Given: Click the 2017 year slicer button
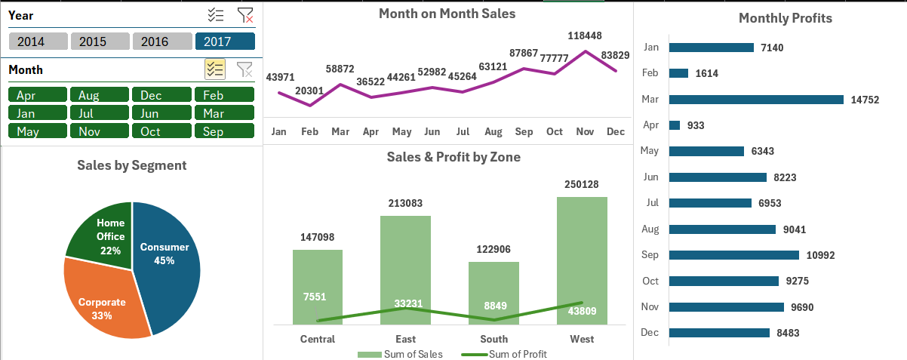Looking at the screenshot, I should point(224,42).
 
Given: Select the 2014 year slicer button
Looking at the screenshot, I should point(38,42).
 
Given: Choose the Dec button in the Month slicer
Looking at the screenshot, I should point(162,95).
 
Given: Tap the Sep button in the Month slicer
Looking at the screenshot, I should point(224,131).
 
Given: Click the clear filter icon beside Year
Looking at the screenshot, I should point(245,15).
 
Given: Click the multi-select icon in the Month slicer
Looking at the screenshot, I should point(215,69).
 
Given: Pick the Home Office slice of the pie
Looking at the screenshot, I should point(102,230).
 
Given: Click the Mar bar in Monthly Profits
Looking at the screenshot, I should point(755,100).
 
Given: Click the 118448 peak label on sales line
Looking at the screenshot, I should point(586,35).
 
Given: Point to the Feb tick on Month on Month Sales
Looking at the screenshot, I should point(309,131).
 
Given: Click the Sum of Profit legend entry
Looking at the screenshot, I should point(506,354).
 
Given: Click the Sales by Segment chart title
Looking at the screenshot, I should point(131,165).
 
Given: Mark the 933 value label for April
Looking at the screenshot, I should point(696,125).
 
